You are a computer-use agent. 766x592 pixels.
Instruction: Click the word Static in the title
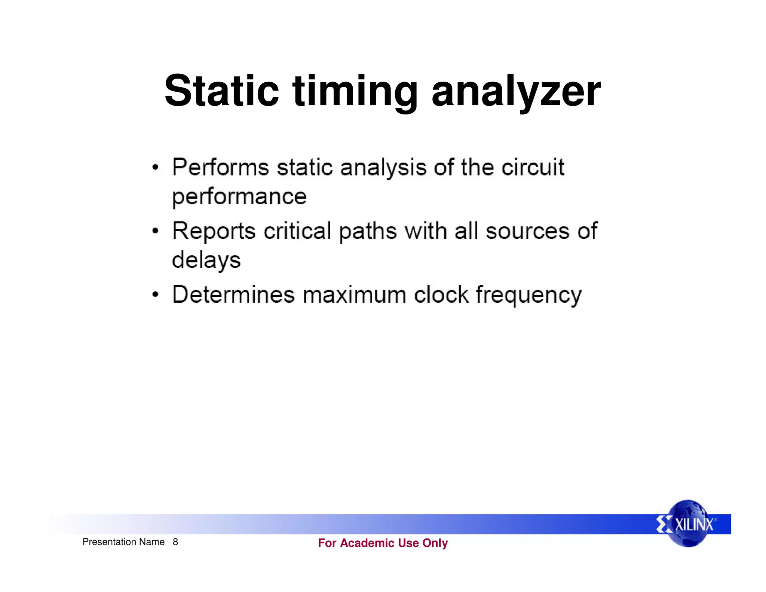[x=221, y=91]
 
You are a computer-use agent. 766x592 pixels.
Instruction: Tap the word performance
[x=239, y=197]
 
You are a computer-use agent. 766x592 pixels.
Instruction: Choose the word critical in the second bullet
[x=297, y=231]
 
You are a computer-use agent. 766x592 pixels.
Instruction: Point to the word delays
[x=206, y=260]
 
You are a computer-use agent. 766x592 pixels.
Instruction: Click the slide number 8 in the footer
[x=175, y=542]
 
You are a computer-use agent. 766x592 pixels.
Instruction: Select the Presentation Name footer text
[x=123, y=542]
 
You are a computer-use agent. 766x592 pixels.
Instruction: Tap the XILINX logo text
[x=694, y=524]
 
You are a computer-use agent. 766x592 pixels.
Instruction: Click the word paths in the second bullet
[x=368, y=231]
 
